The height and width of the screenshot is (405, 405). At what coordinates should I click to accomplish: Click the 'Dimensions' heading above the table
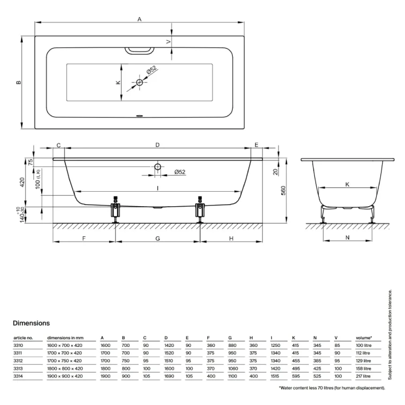tap(31, 323)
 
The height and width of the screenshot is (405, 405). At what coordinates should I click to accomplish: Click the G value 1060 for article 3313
tap(233, 368)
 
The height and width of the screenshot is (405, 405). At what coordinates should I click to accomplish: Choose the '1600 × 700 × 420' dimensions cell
tap(64, 345)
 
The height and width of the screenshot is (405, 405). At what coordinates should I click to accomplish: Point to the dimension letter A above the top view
tap(139, 19)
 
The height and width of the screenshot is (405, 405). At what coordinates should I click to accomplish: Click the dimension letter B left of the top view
tap(18, 82)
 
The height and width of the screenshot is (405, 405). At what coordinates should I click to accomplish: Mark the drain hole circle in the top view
tap(139, 82)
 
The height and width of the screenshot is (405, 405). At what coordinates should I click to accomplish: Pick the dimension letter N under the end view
tap(347, 238)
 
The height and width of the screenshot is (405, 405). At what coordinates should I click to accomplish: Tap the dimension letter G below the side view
tap(158, 238)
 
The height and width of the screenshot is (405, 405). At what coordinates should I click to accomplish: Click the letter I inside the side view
tap(158, 188)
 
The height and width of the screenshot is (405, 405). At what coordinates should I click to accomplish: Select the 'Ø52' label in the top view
tap(151, 70)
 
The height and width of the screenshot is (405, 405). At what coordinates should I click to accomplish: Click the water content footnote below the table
tap(332, 388)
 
